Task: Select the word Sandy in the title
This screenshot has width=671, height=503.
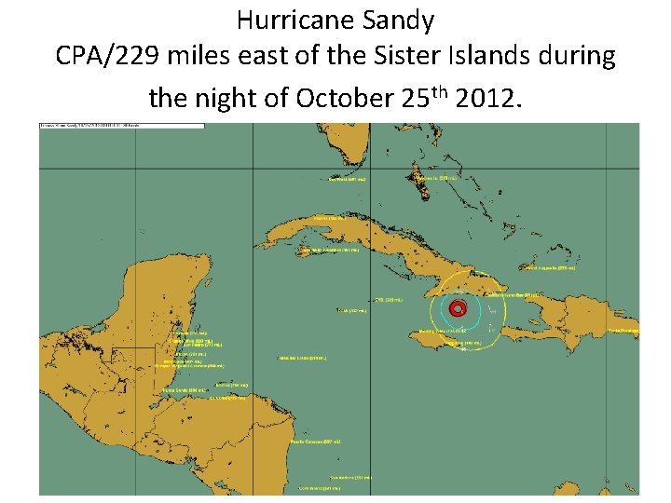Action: [402, 19]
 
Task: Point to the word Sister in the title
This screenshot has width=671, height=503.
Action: [385, 56]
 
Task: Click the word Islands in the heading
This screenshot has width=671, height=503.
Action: [466, 56]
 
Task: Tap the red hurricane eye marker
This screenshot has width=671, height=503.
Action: [457, 309]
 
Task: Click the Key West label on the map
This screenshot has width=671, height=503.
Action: [347, 179]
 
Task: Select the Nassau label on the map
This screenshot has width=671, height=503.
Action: [435, 178]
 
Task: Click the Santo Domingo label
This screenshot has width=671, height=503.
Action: [623, 331]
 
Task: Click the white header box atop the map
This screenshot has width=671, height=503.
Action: [83, 127]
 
